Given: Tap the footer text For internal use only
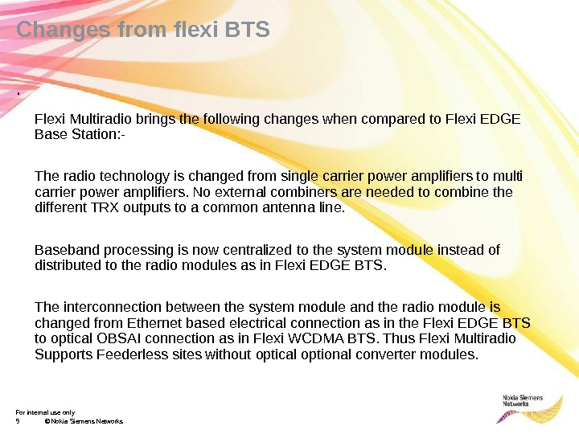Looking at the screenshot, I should (x=45, y=412).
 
